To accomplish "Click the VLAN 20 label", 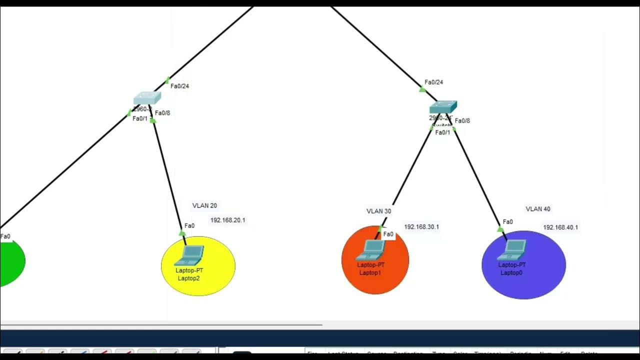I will [x=204, y=205].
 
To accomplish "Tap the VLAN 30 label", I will [x=378, y=211].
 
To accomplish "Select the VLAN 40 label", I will [x=538, y=209].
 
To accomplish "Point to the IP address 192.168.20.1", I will [x=227, y=220].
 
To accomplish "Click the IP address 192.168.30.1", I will [x=421, y=227].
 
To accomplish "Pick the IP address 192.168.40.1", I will [x=560, y=227].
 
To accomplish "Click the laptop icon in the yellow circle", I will [x=189, y=255].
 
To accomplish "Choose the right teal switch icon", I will [x=443, y=107].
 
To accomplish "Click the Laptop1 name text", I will [x=370, y=272].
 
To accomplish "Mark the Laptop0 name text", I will [x=511, y=272].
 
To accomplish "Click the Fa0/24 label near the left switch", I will [x=180, y=86].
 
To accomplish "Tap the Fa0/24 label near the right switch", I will [x=434, y=82].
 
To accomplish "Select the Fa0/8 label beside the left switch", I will [x=162, y=113].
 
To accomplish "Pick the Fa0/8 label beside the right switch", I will [x=462, y=120].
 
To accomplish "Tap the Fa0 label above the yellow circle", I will [x=189, y=226].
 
